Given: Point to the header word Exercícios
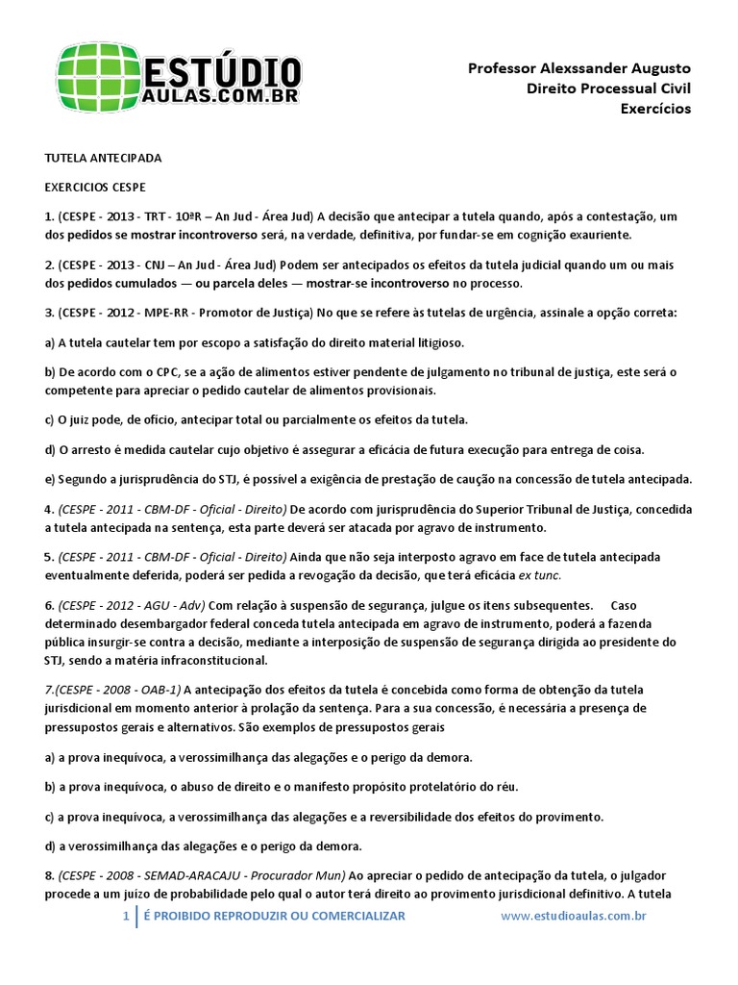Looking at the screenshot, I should click(655, 109).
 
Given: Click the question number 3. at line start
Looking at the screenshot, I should click(50, 313).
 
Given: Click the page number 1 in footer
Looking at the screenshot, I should click(126, 916).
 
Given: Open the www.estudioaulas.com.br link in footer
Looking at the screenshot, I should click(573, 916).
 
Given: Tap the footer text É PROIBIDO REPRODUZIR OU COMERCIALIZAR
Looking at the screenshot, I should click(274, 916).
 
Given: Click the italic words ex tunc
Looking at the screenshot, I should click(539, 575).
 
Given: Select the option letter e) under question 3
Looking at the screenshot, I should click(51, 479).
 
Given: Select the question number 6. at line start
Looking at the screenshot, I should click(50, 605).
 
